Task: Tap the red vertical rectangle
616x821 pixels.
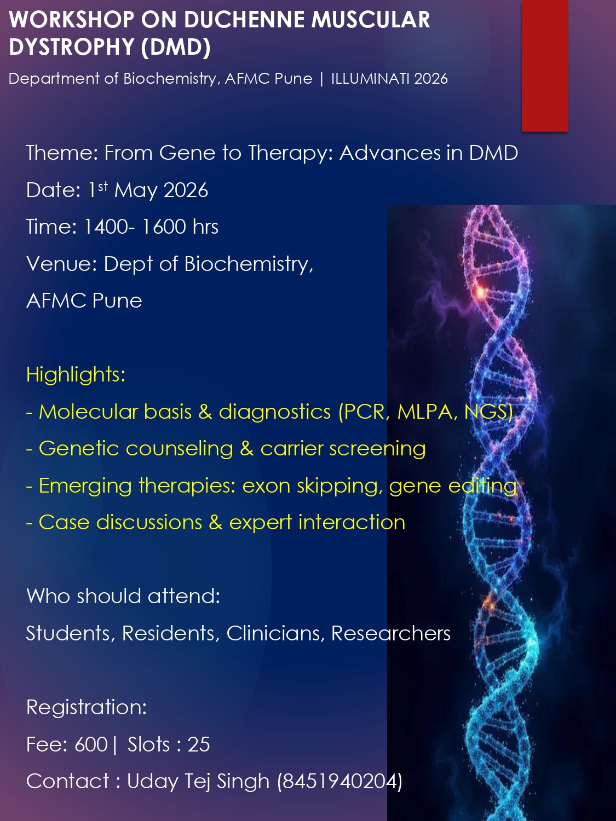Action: [x=544, y=65]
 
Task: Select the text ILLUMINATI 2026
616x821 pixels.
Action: [x=389, y=79]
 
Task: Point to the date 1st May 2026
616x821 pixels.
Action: [x=148, y=190]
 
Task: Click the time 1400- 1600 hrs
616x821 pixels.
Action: [x=151, y=227]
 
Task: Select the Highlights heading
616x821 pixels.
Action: [x=76, y=374]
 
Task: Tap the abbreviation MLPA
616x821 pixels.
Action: [x=427, y=412]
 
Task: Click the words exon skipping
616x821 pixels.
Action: [x=312, y=486]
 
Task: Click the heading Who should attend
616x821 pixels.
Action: [x=123, y=596]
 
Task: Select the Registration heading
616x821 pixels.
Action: [x=87, y=707]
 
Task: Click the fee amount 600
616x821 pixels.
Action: [x=91, y=744]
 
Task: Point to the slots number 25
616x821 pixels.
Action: [x=199, y=744]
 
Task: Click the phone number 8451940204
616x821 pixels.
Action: [x=339, y=781]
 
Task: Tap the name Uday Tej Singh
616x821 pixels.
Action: [x=198, y=781]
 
